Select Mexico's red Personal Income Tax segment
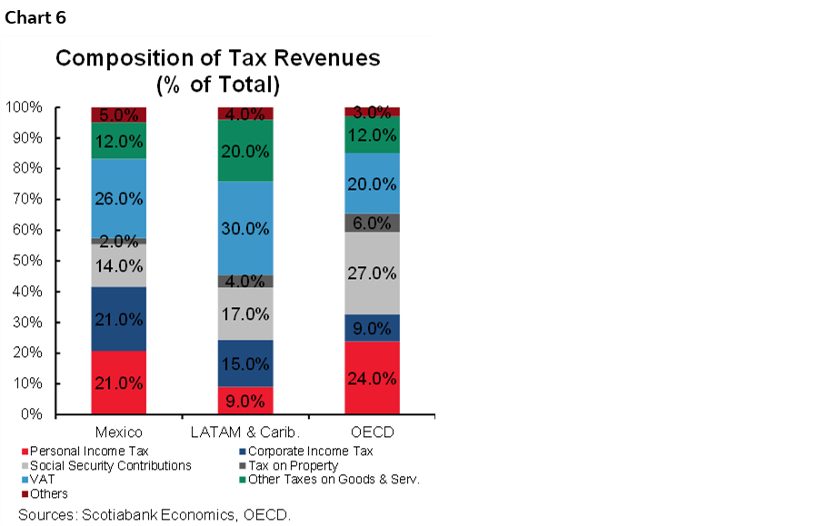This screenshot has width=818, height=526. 118,382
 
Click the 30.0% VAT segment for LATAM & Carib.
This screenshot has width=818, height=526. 244,228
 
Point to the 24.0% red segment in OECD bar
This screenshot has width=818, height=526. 371,378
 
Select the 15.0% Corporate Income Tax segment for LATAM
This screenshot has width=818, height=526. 244,363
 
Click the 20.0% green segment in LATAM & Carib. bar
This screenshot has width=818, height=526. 244,151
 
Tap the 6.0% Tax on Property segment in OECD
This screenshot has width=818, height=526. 371,223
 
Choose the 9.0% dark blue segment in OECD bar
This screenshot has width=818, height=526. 371,327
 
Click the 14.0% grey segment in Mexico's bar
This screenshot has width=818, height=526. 118,266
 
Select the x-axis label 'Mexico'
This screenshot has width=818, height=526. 118,430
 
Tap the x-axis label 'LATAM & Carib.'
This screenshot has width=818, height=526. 244,430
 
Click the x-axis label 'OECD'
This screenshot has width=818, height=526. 371,430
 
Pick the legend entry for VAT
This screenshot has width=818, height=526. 41,480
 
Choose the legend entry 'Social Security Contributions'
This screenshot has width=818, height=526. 110,465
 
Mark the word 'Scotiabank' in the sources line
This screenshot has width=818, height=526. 116,514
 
